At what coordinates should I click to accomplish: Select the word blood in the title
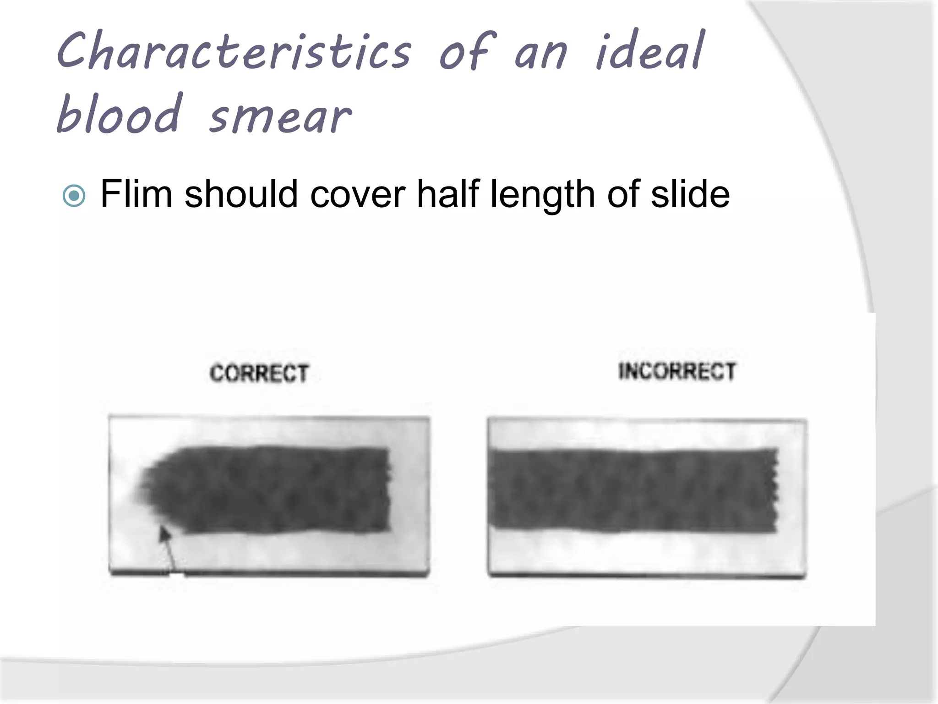point(120,114)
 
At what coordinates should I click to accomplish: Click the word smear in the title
point(280,117)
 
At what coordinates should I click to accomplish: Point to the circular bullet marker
point(74,196)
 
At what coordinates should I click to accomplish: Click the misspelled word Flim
point(136,194)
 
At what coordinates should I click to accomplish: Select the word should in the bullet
point(241,194)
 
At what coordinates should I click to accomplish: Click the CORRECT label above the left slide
point(259,373)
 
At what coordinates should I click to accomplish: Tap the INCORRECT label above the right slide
point(677,371)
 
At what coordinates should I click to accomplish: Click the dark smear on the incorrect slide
point(632,490)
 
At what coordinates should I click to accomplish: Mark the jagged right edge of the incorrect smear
point(775,490)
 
